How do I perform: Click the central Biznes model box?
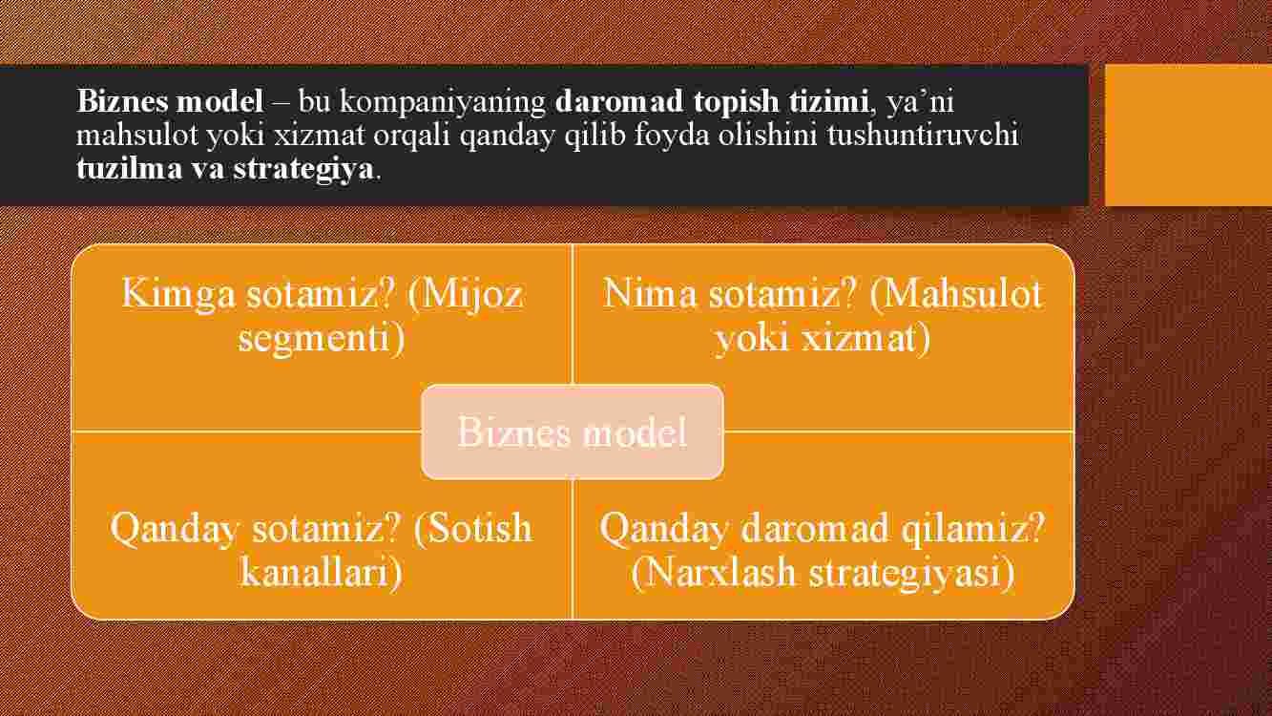[x=573, y=432]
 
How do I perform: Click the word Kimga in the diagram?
[x=178, y=295]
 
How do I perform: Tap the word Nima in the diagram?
[x=649, y=293]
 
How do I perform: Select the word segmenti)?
[x=322, y=338]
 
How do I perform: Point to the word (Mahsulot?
[x=956, y=294]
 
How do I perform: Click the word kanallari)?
[x=322, y=572]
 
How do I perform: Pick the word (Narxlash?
[x=713, y=572]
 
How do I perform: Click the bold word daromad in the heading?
[x=619, y=102]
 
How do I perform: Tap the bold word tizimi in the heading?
[x=828, y=102]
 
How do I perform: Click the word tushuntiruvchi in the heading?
[x=923, y=136]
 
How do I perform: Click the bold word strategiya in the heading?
[x=303, y=170]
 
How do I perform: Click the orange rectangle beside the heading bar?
[x=1189, y=135]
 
